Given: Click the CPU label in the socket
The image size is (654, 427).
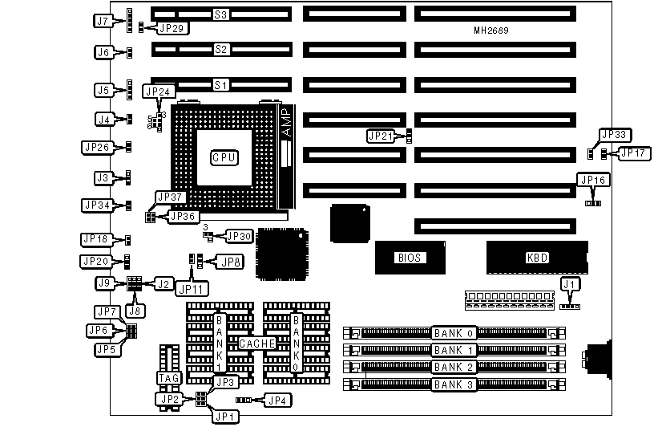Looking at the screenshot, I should pyautogui.click(x=224, y=158).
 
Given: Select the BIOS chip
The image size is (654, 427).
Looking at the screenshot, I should pyautogui.click(x=409, y=258).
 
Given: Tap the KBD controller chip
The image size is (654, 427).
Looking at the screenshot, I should pyautogui.click(x=536, y=258).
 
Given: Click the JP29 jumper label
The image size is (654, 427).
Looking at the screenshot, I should pyautogui.click(x=173, y=28).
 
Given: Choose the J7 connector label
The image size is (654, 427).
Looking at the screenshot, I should pyautogui.click(x=101, y=22).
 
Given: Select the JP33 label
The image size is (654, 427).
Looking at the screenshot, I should pyautogui.click(x=616, y=134).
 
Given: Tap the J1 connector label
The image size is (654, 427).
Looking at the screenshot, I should pyautogui.click(x=570, y=283).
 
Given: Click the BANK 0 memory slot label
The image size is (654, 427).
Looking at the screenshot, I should pyautogui.click(x=454, y=333).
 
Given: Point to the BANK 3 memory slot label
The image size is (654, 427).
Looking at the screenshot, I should pyautogui.click(x=454, y=384).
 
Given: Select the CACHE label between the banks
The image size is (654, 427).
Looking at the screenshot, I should pyautogui.click(x=256, y=344).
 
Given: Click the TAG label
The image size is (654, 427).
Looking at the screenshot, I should pyautogui.click(x=168, y=377).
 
